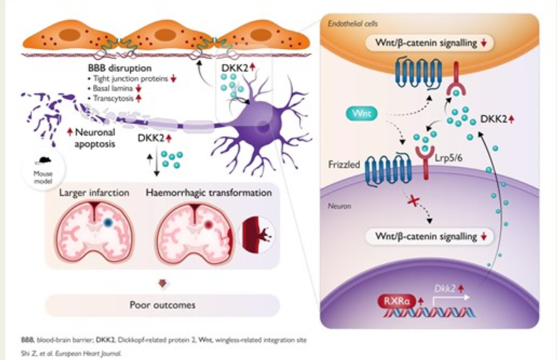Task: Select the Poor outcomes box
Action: pyautogui.click(x=163, y=305)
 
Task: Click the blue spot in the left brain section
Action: pyautogui.click(x=107, y=223)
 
